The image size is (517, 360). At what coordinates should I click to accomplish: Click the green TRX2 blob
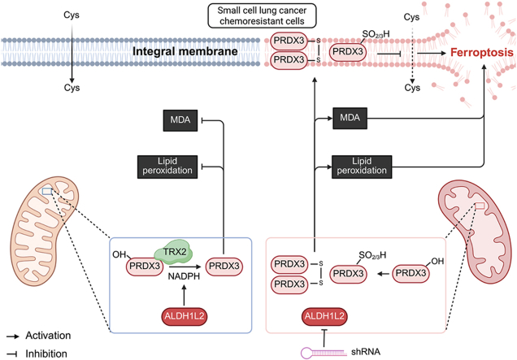[173, 253]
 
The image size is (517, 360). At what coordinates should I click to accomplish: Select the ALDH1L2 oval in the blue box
[185, 316]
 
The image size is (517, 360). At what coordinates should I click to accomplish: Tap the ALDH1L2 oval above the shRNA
[324, 316]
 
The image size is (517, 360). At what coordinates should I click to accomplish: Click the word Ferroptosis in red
[482, 53]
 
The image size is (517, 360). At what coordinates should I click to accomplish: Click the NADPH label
[184, 276]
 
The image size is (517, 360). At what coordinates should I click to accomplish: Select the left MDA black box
[180, 120]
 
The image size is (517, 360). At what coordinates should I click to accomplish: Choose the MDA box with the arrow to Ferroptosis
[350, 118]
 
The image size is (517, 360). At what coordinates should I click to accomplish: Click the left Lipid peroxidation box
[167, 167]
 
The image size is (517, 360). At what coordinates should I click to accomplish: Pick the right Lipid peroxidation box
[362, 167]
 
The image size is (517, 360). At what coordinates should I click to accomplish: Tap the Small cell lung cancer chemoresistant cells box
[262, 15]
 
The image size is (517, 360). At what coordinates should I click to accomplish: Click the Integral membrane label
[185, 51]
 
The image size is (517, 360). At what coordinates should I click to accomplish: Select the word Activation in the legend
[48, 336]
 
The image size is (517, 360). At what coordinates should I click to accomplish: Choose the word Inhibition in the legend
[46, 353]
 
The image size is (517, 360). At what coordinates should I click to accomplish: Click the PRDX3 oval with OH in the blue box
[145, 267]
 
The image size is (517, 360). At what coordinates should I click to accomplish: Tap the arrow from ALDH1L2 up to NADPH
[184, 295]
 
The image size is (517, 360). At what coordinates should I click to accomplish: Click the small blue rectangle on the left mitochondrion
[47, 191]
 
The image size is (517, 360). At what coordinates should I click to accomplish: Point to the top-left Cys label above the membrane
[72, 15]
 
